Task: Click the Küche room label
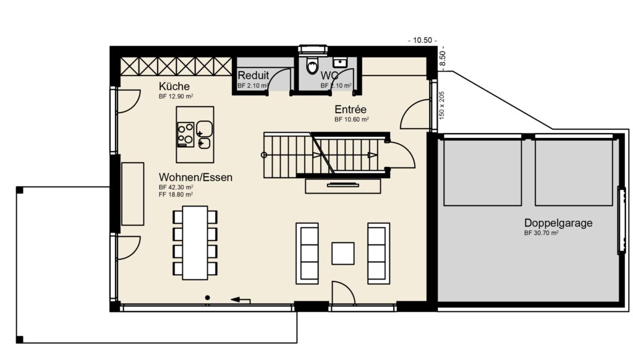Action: (x=174, y=87)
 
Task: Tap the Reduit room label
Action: (x=253, y=75)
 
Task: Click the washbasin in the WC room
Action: (x=340, y=62)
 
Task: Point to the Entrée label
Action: (x=351, y=109)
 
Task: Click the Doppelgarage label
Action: (x=558, y=223)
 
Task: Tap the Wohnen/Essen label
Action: (x=195, y=178)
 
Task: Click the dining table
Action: (x=195, y=242)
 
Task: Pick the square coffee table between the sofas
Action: (x=343, y=253)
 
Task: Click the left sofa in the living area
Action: (x=307, y=252)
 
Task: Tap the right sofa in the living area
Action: (x=378, y=252)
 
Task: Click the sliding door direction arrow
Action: (x=240, y=301)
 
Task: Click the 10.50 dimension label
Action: (x=422, y=40)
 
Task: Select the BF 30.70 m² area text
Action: (x=541, y=233)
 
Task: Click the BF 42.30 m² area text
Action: (x=176, y=187)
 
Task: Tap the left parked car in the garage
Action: (x=483, y=172)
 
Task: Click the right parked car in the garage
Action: (x=573, y=172)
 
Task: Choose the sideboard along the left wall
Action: (x=133, y=194)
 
